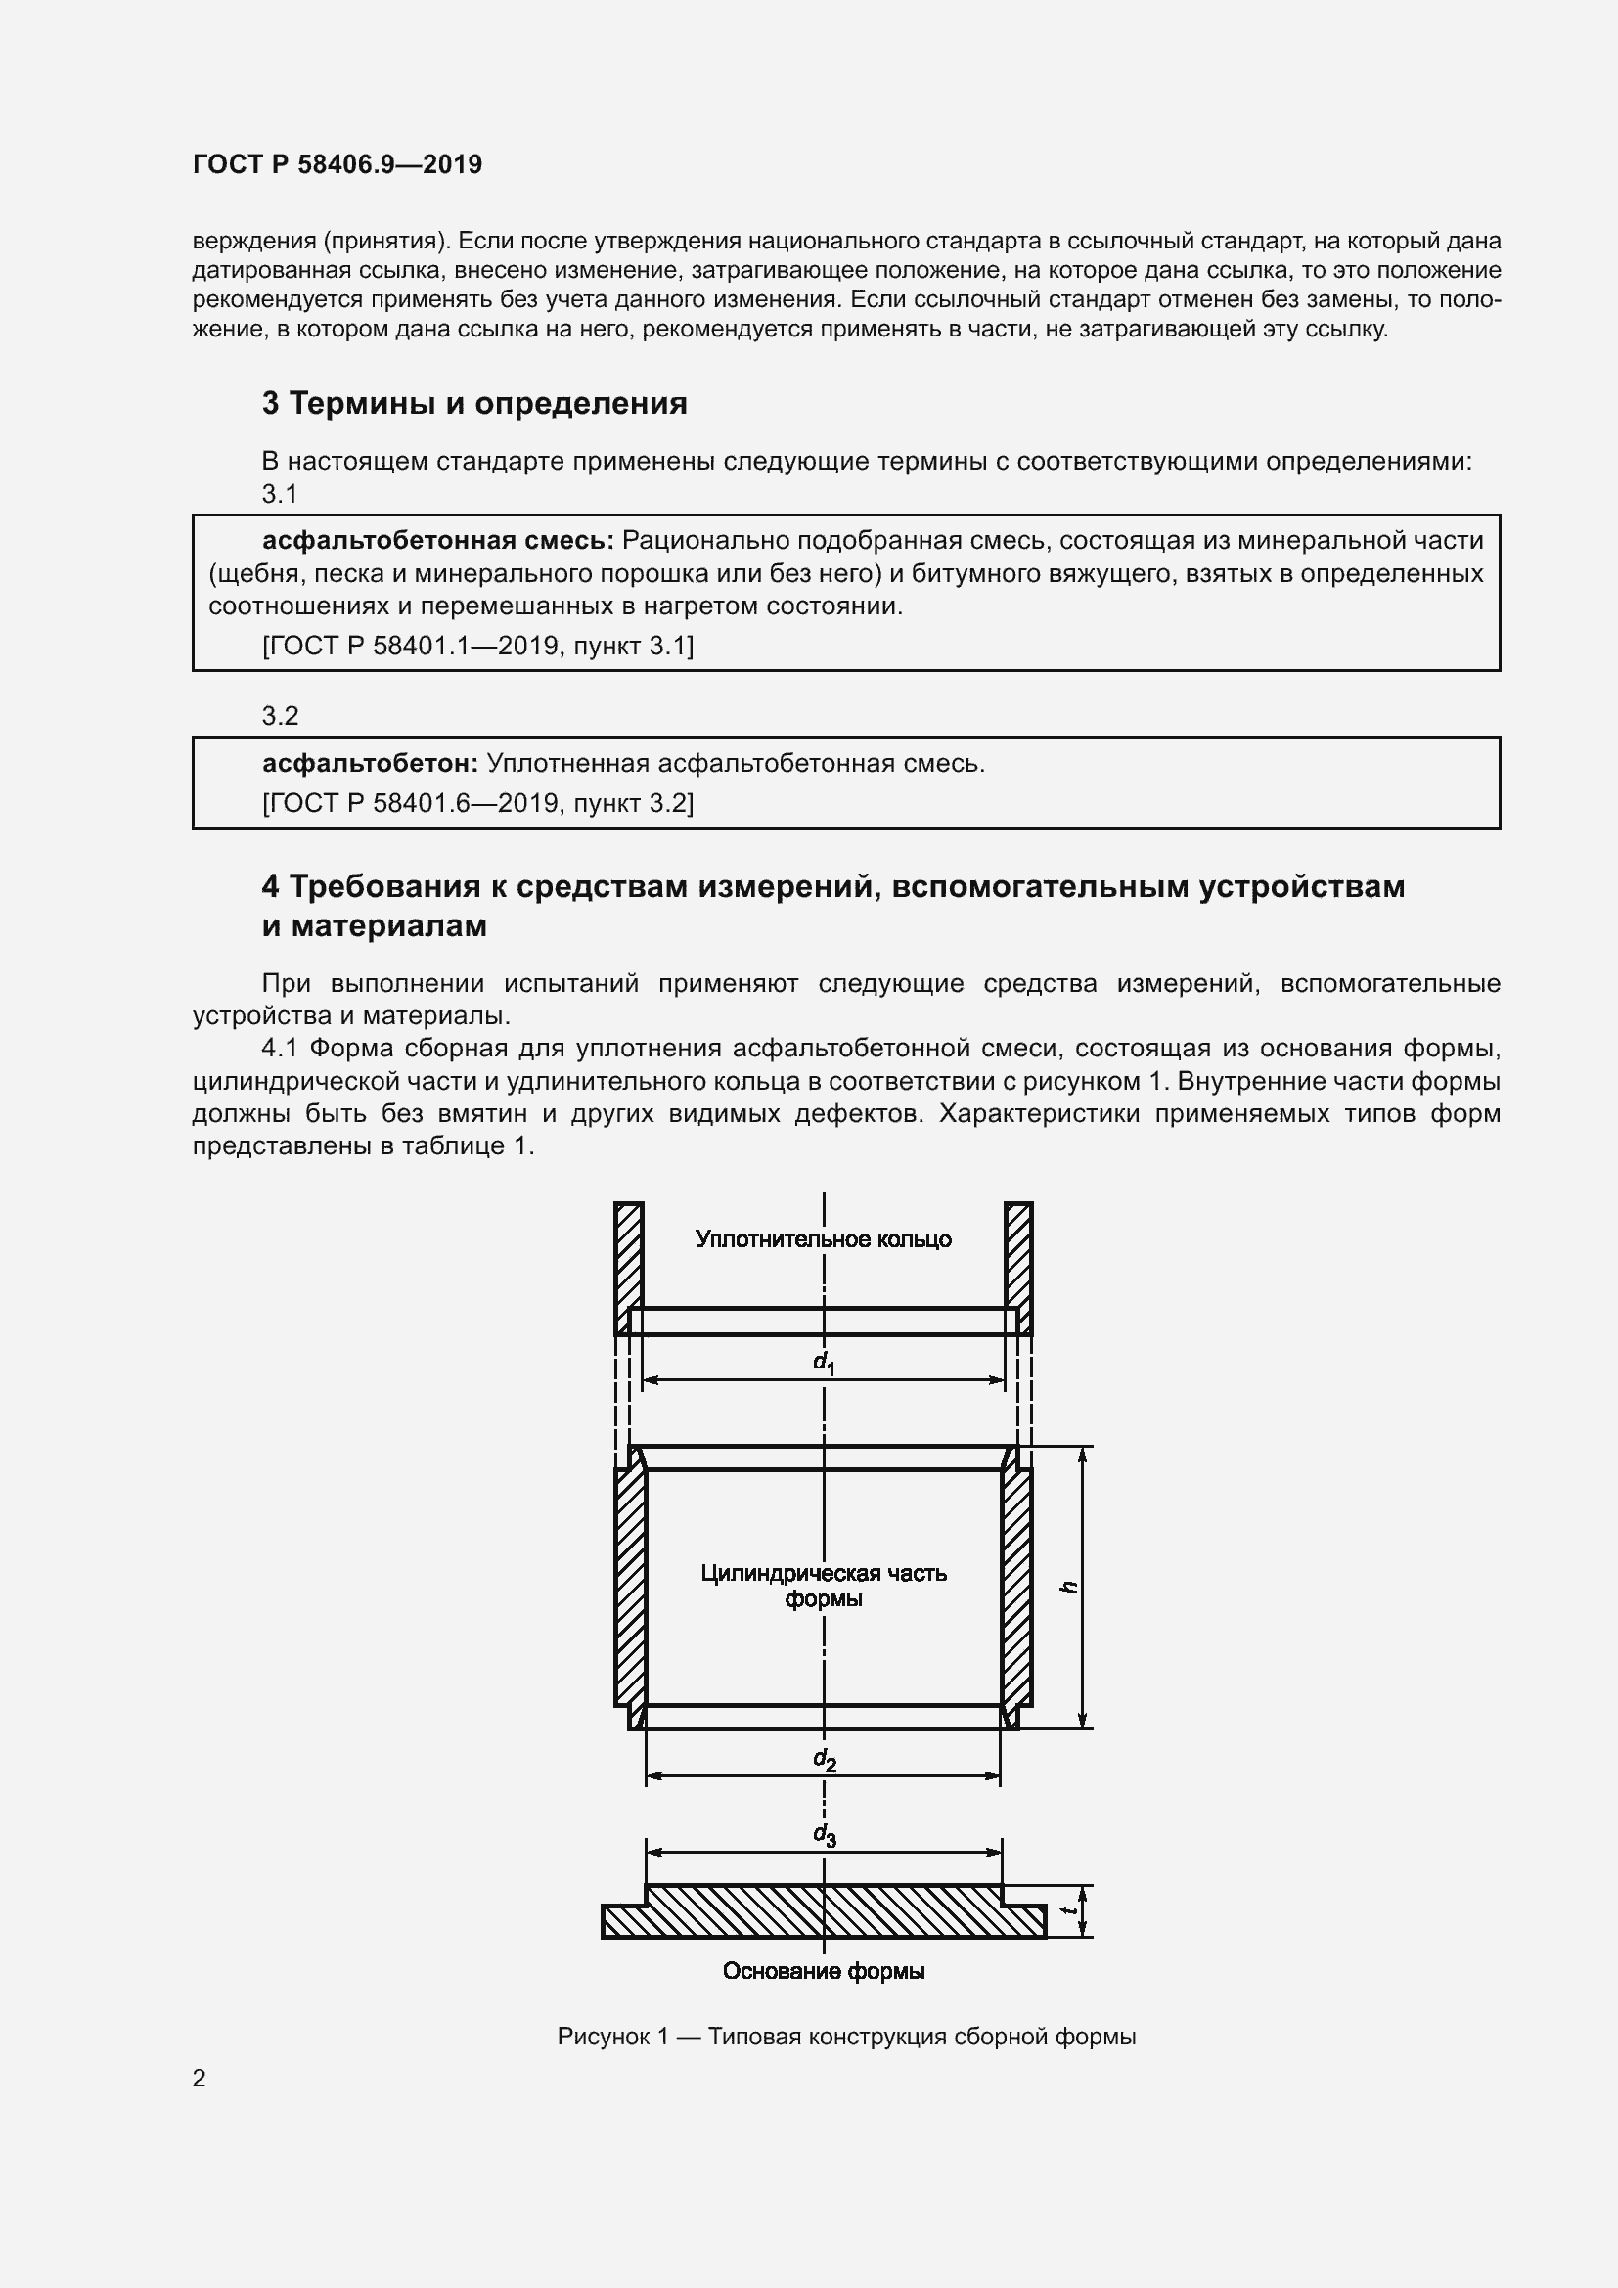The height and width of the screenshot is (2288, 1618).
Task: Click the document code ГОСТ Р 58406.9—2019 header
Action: (x=337, y=164)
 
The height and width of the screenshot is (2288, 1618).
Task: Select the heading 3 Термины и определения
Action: (x=474, y=404)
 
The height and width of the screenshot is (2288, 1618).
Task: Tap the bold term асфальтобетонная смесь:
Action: (x=438, y=541)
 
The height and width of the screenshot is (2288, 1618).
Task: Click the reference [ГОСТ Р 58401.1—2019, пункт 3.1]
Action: (x=477, y=646)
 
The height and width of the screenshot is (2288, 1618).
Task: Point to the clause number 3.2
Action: (x=280, y=715)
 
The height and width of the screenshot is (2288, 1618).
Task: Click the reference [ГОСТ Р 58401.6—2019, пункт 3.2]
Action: (x=477, y=803)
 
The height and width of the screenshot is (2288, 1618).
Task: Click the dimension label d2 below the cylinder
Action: (x=824, y=1760)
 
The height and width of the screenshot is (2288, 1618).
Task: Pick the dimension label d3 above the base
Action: (x=824, y=1834)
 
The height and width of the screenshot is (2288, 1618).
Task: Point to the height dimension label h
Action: (x=1068, y=1587)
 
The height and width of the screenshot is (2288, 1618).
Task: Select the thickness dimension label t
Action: (x=1068, y=1910)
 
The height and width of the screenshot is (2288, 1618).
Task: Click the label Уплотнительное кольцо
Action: (x=823, y=1239)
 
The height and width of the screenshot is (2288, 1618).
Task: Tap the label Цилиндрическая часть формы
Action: (x=823, y=1586)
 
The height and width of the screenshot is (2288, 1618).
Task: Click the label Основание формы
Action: (x=823, y=1971)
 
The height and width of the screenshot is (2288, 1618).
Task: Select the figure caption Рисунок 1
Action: (x=846, y=2037)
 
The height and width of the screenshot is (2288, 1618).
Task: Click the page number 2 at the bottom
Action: (x=200, y=2079)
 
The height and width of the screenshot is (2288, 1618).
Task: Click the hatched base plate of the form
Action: (x=823, y=1913)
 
